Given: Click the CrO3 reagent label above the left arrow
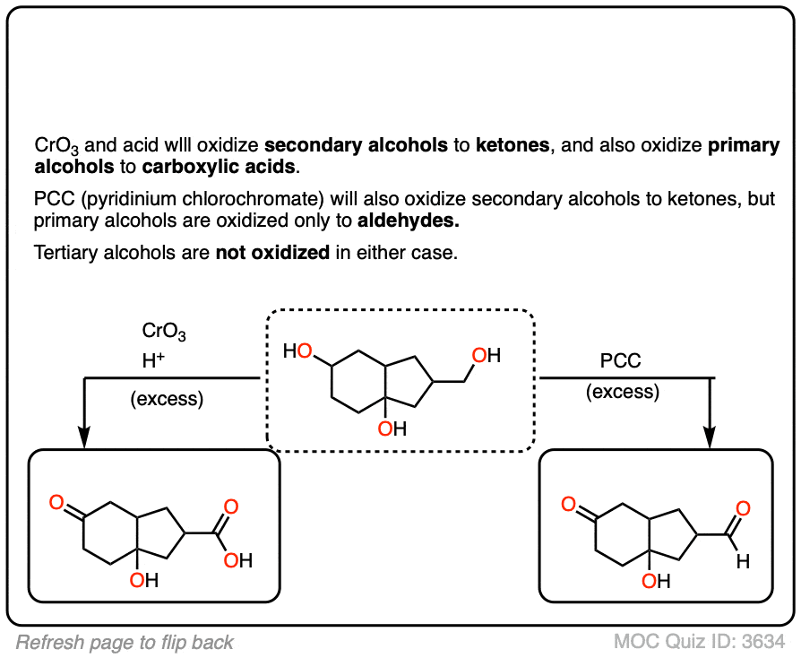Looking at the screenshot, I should tap(164, 333).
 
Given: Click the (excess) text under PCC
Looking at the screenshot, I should tap(622, 392).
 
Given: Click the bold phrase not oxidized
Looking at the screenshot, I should tap(272, 253).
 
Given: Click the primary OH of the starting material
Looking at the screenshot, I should tap(487, 356).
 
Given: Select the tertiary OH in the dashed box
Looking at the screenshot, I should tap(392, 429).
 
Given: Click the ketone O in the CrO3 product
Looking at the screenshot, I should tap(56, 506).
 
